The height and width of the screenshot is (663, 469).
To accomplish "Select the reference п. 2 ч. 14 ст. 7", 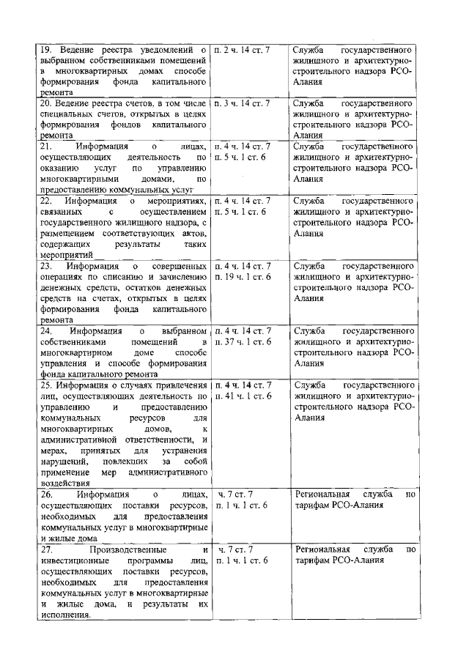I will click(242, 48).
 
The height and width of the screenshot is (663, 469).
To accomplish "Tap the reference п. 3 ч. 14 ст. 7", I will click(242, 103).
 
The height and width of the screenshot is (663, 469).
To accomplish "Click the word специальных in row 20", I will click(70, 114).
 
